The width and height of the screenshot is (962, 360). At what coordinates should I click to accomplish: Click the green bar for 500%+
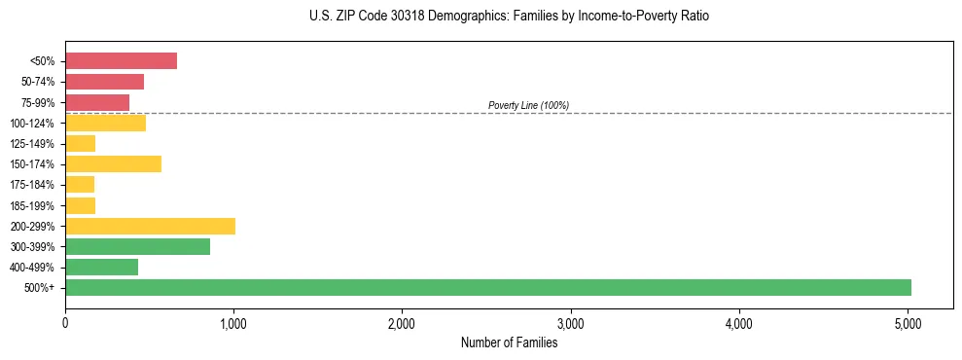click(487, 287)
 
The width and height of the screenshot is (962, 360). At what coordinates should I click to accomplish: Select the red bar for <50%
click(121, 61)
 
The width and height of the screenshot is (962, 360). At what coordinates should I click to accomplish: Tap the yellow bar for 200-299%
click(150, 226)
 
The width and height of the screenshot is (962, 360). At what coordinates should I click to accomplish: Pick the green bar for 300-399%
click(137, 246)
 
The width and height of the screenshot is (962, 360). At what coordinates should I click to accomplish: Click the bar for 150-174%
click(113, 163)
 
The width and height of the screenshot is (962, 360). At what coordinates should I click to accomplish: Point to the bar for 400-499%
click(101, 267)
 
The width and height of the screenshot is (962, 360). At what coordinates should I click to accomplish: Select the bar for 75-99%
click(97, 102)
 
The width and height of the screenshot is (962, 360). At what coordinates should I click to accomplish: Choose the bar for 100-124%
click(105, 123)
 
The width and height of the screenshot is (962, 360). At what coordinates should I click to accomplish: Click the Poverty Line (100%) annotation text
click(528, 105)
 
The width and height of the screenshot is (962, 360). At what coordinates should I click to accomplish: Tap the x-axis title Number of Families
click(509, 342)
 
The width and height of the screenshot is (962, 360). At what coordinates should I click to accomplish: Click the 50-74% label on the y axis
click(38, 82)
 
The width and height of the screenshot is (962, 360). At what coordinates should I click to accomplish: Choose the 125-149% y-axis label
click(34, 144)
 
